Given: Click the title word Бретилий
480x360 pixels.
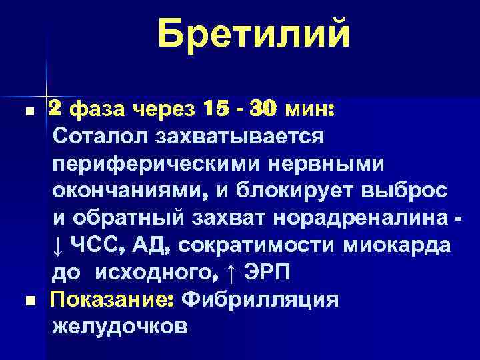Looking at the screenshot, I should [254, 34].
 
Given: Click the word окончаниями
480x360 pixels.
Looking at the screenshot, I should [127, 191].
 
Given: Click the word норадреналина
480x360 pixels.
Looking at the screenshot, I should [363, 219].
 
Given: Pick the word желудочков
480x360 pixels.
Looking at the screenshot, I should [120, 327].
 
